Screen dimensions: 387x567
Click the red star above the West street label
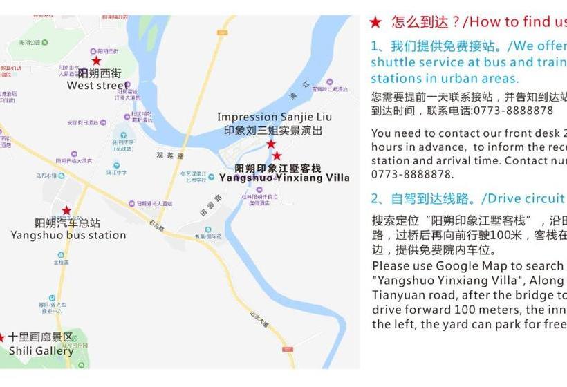96,61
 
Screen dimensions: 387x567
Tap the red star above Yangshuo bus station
66,210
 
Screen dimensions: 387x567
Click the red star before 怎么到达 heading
375,22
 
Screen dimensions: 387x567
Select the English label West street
97,86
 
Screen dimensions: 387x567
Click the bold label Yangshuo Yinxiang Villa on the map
284,178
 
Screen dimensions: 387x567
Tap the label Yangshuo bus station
68,235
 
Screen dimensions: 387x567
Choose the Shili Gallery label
41,350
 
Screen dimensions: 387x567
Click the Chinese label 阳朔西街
100,73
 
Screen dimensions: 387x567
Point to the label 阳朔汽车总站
68,223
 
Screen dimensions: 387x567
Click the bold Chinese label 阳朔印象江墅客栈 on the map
278,168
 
